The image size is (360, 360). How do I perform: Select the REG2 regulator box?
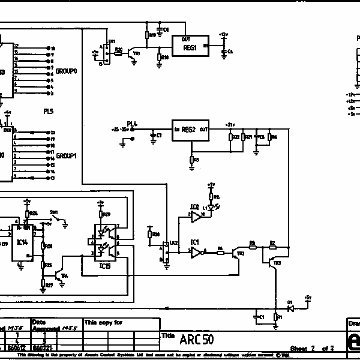191,130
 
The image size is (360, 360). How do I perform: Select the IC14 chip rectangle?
22,244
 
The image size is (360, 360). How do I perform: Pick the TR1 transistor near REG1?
134,53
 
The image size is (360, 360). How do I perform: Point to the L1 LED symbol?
211,208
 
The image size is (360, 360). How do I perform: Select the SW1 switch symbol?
58,220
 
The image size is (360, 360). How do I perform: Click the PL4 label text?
132,124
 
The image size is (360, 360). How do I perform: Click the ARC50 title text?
196,340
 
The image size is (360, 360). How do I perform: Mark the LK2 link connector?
167,253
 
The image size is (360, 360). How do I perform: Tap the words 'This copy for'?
103,322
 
